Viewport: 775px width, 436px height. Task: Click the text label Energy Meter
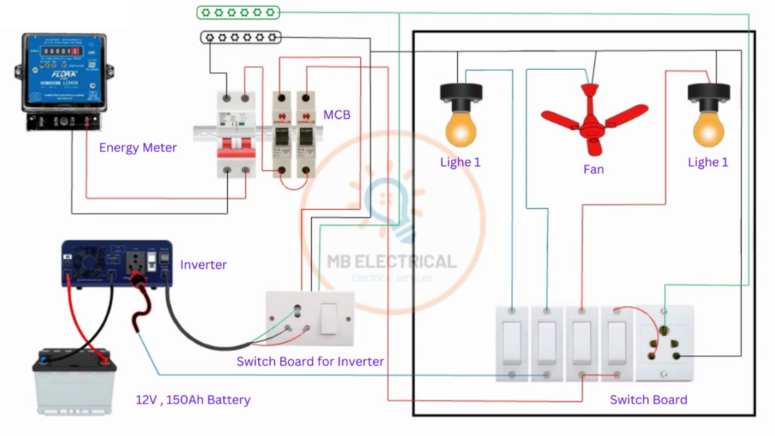point(138,148)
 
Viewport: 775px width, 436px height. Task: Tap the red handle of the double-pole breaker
point(235,151)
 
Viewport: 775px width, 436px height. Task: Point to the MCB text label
point(337,114)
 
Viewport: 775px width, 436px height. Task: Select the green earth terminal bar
point(238,12)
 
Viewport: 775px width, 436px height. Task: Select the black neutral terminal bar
point(241,36)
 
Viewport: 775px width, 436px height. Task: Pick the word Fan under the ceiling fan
point(593,170)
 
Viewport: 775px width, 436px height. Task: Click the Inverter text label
point(203,265)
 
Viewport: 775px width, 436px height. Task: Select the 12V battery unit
point(74,380)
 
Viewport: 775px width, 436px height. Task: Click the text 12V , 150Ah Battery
point(193,400)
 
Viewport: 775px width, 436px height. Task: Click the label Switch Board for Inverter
point(310,362)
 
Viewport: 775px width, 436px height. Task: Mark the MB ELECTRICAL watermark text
point(391,262)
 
